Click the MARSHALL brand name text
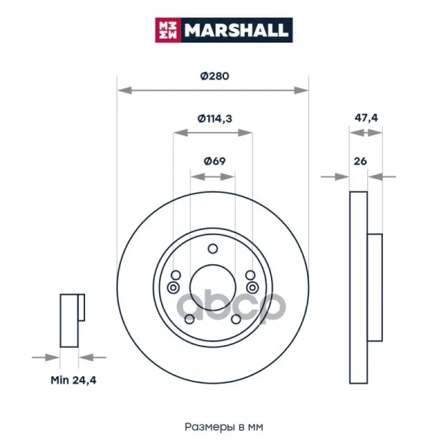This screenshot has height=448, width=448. coord(236,30)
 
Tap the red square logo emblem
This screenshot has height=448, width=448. coord(168,30)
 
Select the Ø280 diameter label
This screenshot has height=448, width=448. coord(214,76)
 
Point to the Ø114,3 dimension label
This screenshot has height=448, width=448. coord(215,118)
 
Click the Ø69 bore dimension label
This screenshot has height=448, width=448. coord(214,161)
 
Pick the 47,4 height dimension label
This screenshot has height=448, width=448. coord(366,118)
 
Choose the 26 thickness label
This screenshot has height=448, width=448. coord(360,161)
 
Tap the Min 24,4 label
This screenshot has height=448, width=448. coord(73,380)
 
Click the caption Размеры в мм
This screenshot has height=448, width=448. coord(224,427)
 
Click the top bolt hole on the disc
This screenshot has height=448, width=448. coord(213,249)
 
